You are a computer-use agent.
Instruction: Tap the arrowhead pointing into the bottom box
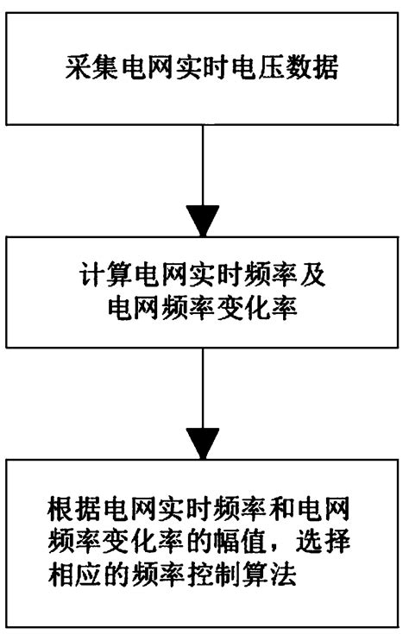click(204, 447)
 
